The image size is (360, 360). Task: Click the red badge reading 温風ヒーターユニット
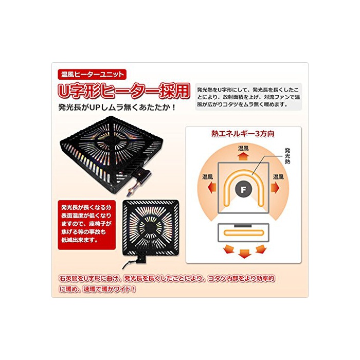[x=92, y=75]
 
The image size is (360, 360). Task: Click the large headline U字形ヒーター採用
[x=124, y=91]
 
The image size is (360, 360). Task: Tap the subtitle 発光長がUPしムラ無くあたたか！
[x=117, y=107]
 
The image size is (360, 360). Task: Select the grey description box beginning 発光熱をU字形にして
[x=248, y=97]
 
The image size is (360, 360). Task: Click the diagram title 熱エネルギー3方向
[x=243, y=134]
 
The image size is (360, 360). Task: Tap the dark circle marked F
[x=243, y=190]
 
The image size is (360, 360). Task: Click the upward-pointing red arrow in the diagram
[x=243, y=156]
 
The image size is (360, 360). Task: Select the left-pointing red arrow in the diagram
[x=212, y=188]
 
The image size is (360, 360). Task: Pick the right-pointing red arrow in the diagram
[x=275, y=188]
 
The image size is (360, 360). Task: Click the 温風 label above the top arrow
[x=243, y=149]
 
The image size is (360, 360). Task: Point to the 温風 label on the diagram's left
[x=208, y=177]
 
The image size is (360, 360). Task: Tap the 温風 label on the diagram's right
[x=279, y=177]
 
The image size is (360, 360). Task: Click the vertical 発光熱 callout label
[x=287, y=156]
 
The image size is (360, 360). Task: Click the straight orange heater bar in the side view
[x=244, y=233]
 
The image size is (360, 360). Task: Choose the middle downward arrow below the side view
[x=244, y=254]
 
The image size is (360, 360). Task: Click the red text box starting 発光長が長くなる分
[x=86, y=225]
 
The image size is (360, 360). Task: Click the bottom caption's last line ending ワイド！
[x=97, y=289]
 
